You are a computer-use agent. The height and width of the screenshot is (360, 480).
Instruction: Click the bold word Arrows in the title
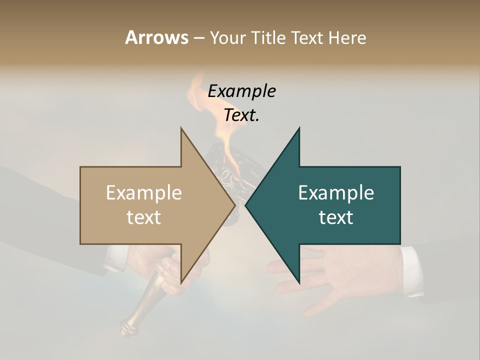(156, 37)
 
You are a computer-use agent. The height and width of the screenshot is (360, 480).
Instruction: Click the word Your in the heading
(228, 37)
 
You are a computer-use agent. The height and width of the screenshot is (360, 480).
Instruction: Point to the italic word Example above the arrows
(241, 91)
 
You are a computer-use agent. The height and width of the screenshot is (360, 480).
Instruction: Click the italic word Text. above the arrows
(241, 115)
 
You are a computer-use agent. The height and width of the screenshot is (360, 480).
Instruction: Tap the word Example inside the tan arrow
(144, 193)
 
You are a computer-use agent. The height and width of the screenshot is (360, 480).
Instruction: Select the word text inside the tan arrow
(144, 217)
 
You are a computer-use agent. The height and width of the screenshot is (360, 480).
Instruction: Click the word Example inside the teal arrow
(336, 193)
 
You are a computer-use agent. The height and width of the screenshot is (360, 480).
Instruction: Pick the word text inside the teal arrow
(336, 217)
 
